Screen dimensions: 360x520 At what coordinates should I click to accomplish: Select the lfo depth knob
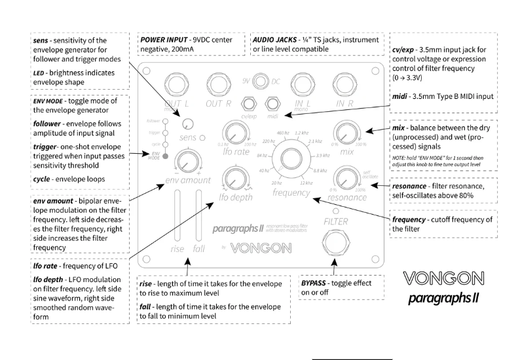click(x=232, y=178)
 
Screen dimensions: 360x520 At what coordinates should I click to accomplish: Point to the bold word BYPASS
click(x=318, y=282)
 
